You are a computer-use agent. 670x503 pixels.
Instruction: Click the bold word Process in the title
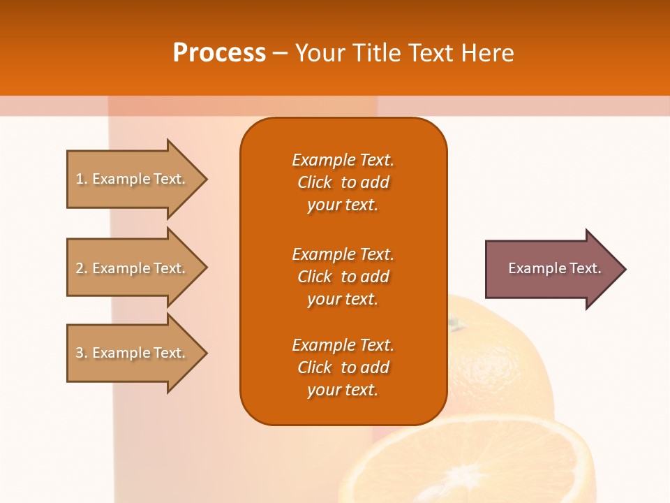219,53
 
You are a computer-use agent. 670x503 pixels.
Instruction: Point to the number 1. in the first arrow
82,179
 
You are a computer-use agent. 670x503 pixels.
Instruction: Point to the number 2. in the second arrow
82,268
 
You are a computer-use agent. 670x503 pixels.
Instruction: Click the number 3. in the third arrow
82,353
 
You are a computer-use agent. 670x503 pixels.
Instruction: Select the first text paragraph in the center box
343,182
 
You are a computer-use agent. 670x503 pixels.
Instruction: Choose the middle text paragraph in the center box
343,277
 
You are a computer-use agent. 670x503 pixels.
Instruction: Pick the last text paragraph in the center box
343,367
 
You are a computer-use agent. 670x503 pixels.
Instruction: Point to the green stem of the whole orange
455,323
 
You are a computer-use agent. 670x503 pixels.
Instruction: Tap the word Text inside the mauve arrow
585,268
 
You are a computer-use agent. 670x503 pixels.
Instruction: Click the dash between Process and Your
280,54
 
